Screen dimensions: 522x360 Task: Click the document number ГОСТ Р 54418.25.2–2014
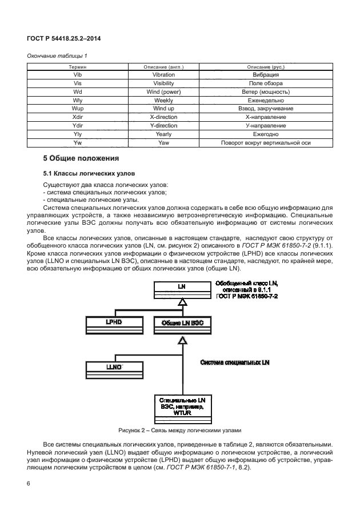(x=61, y=39)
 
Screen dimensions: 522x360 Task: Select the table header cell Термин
(x=78, y=67)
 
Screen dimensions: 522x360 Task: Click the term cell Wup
(x=78, y=108)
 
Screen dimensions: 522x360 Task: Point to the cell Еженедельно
(x=265, y=100)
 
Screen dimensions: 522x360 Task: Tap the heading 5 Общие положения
(x=81, y=158)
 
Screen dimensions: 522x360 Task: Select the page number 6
(x=29, y=484)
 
